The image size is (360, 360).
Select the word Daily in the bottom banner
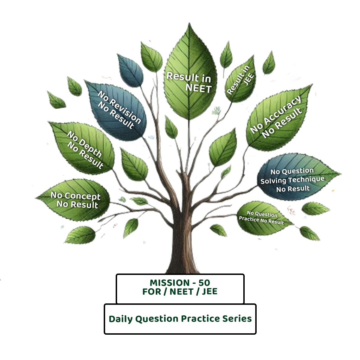[121, 319]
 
